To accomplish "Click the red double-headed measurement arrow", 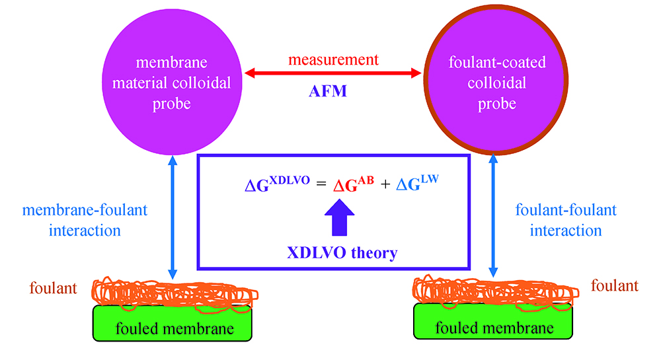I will pyautogui.click(x=333, y=72).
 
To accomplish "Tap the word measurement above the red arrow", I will pyautogui.click(x=333, y=59).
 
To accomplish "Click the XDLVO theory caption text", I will pyautogui.click(x=337, y=251).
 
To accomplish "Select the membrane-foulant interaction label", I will pyautogui.click(x=85, y=221).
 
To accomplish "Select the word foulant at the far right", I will pyautogui.click(x=615, y=287).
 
